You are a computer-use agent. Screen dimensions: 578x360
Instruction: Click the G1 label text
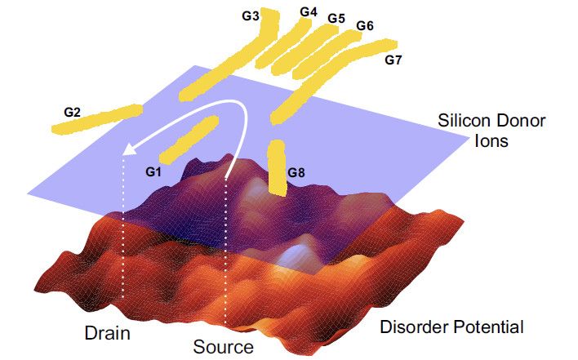(153, 171)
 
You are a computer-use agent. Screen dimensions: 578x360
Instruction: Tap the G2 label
(72, 112)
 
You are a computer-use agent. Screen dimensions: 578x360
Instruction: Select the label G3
(251, 16)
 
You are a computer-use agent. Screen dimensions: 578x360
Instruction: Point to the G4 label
(309, 12)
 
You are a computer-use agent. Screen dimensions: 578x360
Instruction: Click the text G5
(336, 18)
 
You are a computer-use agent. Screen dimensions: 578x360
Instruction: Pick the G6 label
(365, 25)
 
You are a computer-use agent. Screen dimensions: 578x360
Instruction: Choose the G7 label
(393, 60)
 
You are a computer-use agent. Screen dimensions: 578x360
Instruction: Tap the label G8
(296, 172)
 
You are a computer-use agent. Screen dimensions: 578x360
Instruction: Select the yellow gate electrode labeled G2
(97, 118)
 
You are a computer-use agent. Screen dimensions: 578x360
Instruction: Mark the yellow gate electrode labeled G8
(277, 167)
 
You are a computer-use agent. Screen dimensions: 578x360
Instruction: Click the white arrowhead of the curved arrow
(129, 149)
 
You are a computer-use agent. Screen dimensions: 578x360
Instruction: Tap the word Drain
(107, 333)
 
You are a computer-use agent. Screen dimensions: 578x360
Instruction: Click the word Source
(224, 347)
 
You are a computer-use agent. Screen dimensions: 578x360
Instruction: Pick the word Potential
(488, 327)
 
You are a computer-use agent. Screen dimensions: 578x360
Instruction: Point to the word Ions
(491, 140)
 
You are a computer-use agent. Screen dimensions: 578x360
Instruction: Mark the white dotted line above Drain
(123, 238)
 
